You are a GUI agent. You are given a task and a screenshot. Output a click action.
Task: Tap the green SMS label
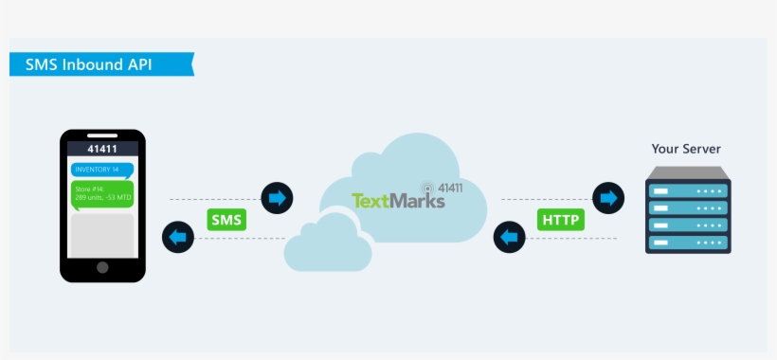[226, 220]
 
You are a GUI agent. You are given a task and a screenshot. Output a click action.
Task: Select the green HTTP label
[560, 220]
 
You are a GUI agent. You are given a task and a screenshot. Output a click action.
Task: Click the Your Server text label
[686, 149]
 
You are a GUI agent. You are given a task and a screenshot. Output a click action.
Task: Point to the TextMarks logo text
[398, 201]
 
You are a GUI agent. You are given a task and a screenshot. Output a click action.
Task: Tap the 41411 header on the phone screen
[102, 149]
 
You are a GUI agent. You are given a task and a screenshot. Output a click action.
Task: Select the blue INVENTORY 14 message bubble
[101, 170]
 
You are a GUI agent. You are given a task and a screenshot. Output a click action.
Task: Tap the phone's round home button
[102, 266]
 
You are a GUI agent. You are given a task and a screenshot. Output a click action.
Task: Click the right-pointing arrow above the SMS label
[277, 198]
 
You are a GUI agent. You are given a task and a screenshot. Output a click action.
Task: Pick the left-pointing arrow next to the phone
[178, 236]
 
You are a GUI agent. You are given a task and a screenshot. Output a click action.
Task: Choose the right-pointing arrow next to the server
[607, 198]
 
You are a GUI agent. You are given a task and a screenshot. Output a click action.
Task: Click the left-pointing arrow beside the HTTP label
[510, 236]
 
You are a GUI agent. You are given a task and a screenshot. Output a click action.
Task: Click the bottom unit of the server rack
[688, 243]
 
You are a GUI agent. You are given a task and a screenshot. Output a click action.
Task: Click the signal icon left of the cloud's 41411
[428, 189]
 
